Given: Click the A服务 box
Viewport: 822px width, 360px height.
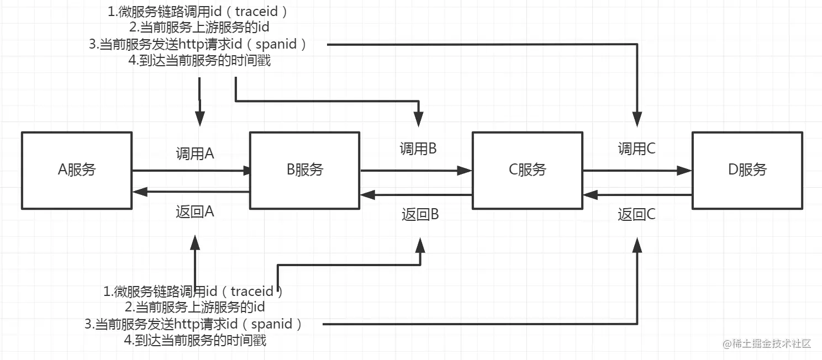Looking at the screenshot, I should click(77, 170).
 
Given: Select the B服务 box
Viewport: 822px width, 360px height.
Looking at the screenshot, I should click(305, 170).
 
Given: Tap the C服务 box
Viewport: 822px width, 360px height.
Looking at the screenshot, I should click(527, 170).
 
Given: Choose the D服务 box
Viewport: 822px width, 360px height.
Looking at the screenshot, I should click(747, 170).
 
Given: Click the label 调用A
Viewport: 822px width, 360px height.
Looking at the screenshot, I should click(195, 153).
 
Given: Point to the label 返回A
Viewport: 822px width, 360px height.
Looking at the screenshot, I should click(195, 212).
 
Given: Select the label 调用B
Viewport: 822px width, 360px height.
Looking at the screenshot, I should click(419, 149).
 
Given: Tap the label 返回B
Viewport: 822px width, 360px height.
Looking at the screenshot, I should click(420, 214).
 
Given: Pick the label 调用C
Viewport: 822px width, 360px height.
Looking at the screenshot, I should click(636, 149).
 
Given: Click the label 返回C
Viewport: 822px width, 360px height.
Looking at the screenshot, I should click(636, 214).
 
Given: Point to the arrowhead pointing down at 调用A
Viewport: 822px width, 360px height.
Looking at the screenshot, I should click(199, 118).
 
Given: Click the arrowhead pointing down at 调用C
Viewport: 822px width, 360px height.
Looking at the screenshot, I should click(637, 118).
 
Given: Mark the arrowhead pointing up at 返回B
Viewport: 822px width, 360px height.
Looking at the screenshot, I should click(420, 245).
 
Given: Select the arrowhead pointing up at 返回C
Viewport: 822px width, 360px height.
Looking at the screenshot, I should click(637, 245).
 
